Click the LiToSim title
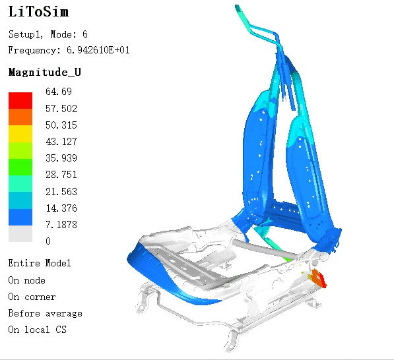38,12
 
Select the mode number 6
85,34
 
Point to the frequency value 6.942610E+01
98,50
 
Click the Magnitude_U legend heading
45,72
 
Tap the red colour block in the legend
20,100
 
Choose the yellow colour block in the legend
20,134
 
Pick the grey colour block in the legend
20,233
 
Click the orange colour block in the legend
20,117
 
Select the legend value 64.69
59,92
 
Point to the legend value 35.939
61,158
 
